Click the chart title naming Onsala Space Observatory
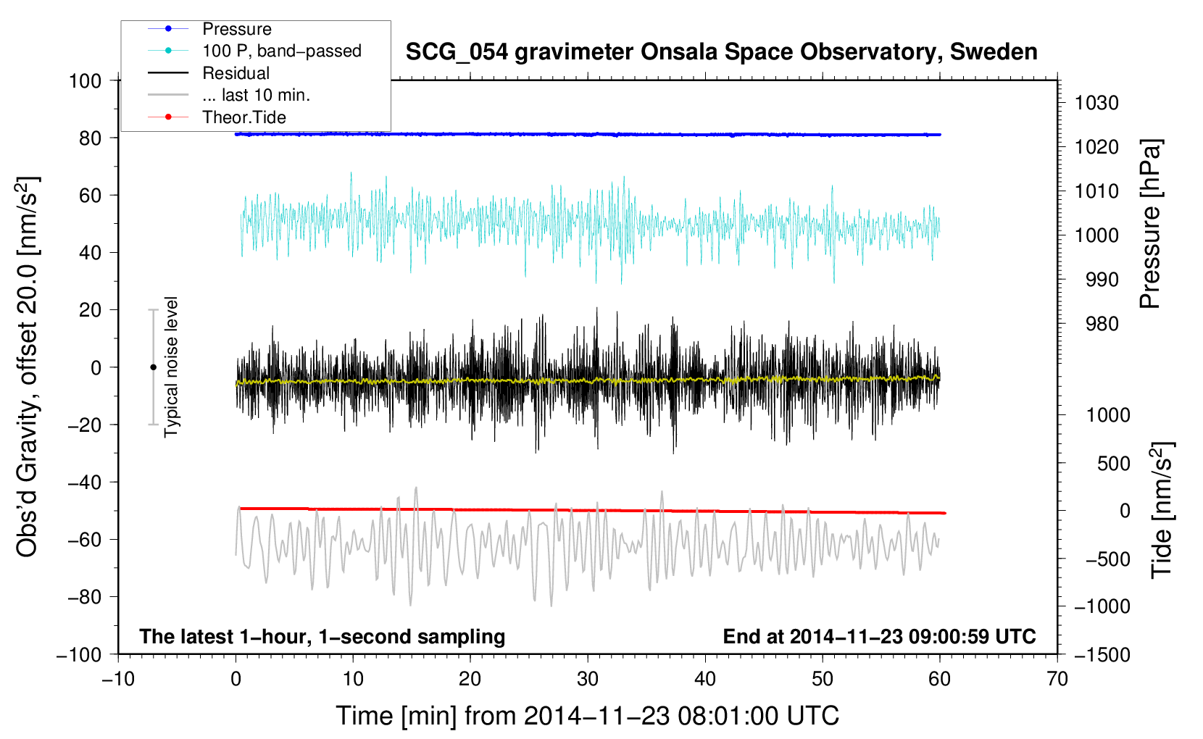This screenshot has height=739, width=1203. [721, 52]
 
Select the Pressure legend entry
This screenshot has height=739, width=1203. [236, 29]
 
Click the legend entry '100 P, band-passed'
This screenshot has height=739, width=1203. [281, 51]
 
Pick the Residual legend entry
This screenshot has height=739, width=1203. [236, 73]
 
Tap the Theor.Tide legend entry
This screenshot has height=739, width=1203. [243, 117]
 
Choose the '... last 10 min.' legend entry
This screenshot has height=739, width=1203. [256, 95]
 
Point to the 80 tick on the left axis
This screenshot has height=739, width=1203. [90, 138]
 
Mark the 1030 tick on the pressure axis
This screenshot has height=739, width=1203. [1096, 103]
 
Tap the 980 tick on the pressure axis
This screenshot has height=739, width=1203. [1102, 324]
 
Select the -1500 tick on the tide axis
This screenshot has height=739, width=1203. [1102, 654]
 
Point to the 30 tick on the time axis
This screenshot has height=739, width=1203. [588, 679]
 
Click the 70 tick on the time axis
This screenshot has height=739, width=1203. [1057, 679]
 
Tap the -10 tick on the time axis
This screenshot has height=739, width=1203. [118, 679]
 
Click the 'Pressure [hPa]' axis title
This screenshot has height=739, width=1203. [1150, 225]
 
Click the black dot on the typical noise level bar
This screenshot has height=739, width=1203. [153, 367]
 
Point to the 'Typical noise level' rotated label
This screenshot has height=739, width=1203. [171, 367]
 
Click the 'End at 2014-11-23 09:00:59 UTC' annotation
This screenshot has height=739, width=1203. [879, 636]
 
